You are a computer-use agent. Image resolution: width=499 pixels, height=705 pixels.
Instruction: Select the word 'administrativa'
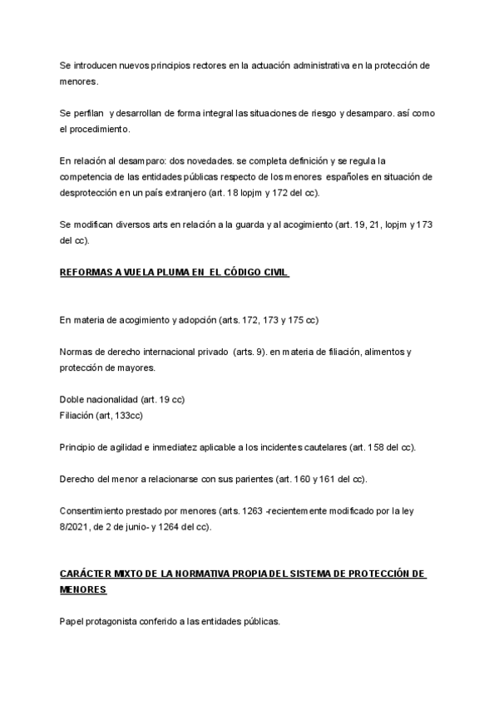click(317, 65)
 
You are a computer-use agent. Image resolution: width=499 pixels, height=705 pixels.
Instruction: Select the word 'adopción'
click(190, 320)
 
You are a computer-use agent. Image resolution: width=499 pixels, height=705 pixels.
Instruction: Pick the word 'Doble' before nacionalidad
click(72, 400)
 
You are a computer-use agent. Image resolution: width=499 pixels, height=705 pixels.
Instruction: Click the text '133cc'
click(136, 416)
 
